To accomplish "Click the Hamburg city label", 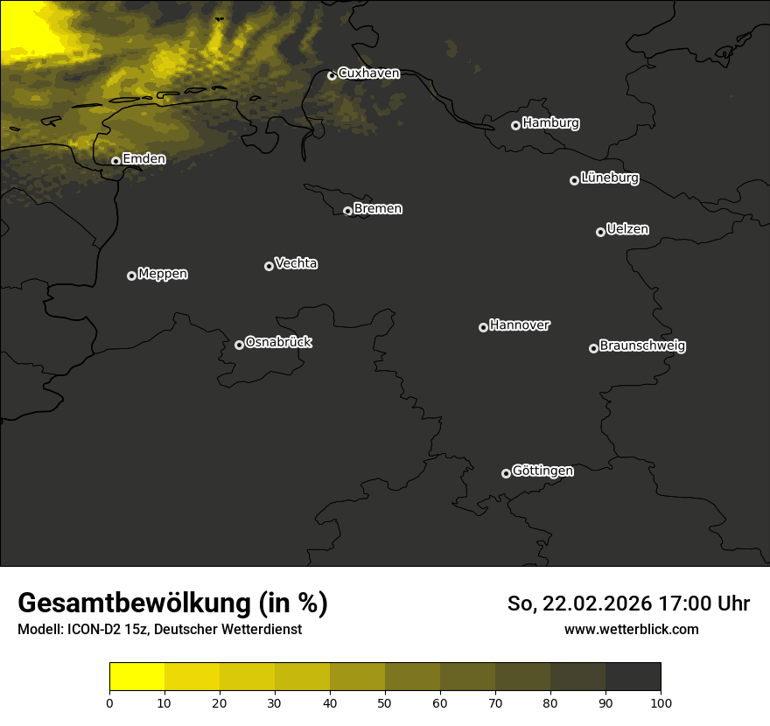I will (x=550, y=123).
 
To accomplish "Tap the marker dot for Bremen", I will (x=347, y=211).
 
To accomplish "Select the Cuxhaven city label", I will (x=368, y=73).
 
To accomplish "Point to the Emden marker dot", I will (x=115, y=161).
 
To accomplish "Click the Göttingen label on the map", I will (x=542, y=471).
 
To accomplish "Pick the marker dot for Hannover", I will (x=483, y=327).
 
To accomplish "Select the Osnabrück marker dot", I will (x=239, y=345).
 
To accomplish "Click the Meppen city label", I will (x=163, y=274).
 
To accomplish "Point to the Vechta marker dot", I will (x=269, y=266).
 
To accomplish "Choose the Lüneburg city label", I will (x=609, y=178).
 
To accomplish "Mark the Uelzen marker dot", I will (x=600, y=232).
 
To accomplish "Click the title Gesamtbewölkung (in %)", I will (x=172, y=604).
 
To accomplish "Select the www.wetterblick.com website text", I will (x=631, y=629).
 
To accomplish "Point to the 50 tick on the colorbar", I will (x=385, y=702).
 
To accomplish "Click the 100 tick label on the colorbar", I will (x=661, y=702).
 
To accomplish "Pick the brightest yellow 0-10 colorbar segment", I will (x=136, y=677).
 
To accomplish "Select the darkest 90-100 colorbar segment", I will (x=633, y=677).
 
